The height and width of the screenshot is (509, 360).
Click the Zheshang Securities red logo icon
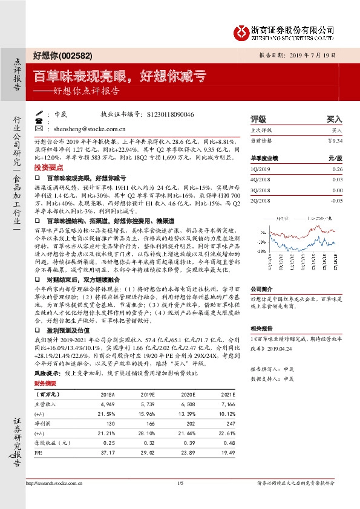tap(244, 31)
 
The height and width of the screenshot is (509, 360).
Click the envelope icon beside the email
tap(39, 129)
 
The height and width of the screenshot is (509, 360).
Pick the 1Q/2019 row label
tap(261, 169)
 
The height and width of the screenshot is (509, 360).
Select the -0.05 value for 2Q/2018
tap(336, 200)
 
